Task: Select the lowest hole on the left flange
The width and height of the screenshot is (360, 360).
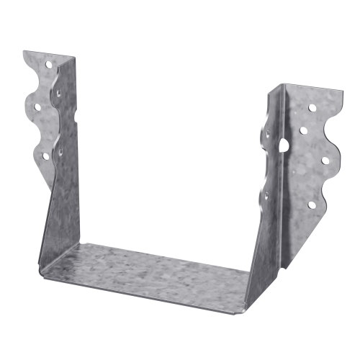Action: (46, 155)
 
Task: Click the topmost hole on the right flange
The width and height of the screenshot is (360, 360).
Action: (312, 108)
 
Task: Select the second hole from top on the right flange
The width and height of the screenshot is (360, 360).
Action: (302, 132)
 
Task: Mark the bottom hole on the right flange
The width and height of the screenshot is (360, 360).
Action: (311, 205)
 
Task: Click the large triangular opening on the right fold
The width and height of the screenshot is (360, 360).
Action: (283, 143)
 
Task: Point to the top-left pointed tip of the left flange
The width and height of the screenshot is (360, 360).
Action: (24, 52)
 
